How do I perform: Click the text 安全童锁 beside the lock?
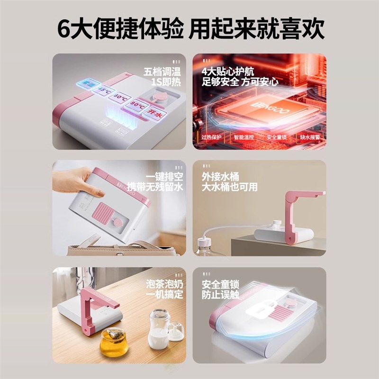pyautogui.click(x=221, y=285)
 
